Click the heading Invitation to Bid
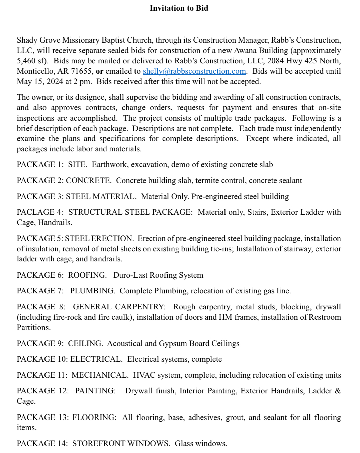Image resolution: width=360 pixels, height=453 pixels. click(x=179, y=8)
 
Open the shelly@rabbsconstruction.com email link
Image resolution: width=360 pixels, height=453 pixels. click(x=194, y=71)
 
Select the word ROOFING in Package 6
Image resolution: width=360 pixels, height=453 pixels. click(x=87, y=275)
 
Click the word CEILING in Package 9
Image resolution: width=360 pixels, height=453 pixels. click(x=85, y=343)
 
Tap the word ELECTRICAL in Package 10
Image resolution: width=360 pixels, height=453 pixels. click(x=96, y=359)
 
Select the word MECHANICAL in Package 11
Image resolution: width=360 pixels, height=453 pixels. click(x=100, y=375)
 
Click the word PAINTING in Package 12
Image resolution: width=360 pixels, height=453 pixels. click(x=95, y=391)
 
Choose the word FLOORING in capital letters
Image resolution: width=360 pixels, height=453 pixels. click(x=94, y=417)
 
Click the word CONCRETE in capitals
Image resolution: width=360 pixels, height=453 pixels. click(x=88, y=180)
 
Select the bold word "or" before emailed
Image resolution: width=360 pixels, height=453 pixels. click(x=99, y=71)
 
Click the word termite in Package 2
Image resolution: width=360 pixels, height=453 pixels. click(x=207, y=180)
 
